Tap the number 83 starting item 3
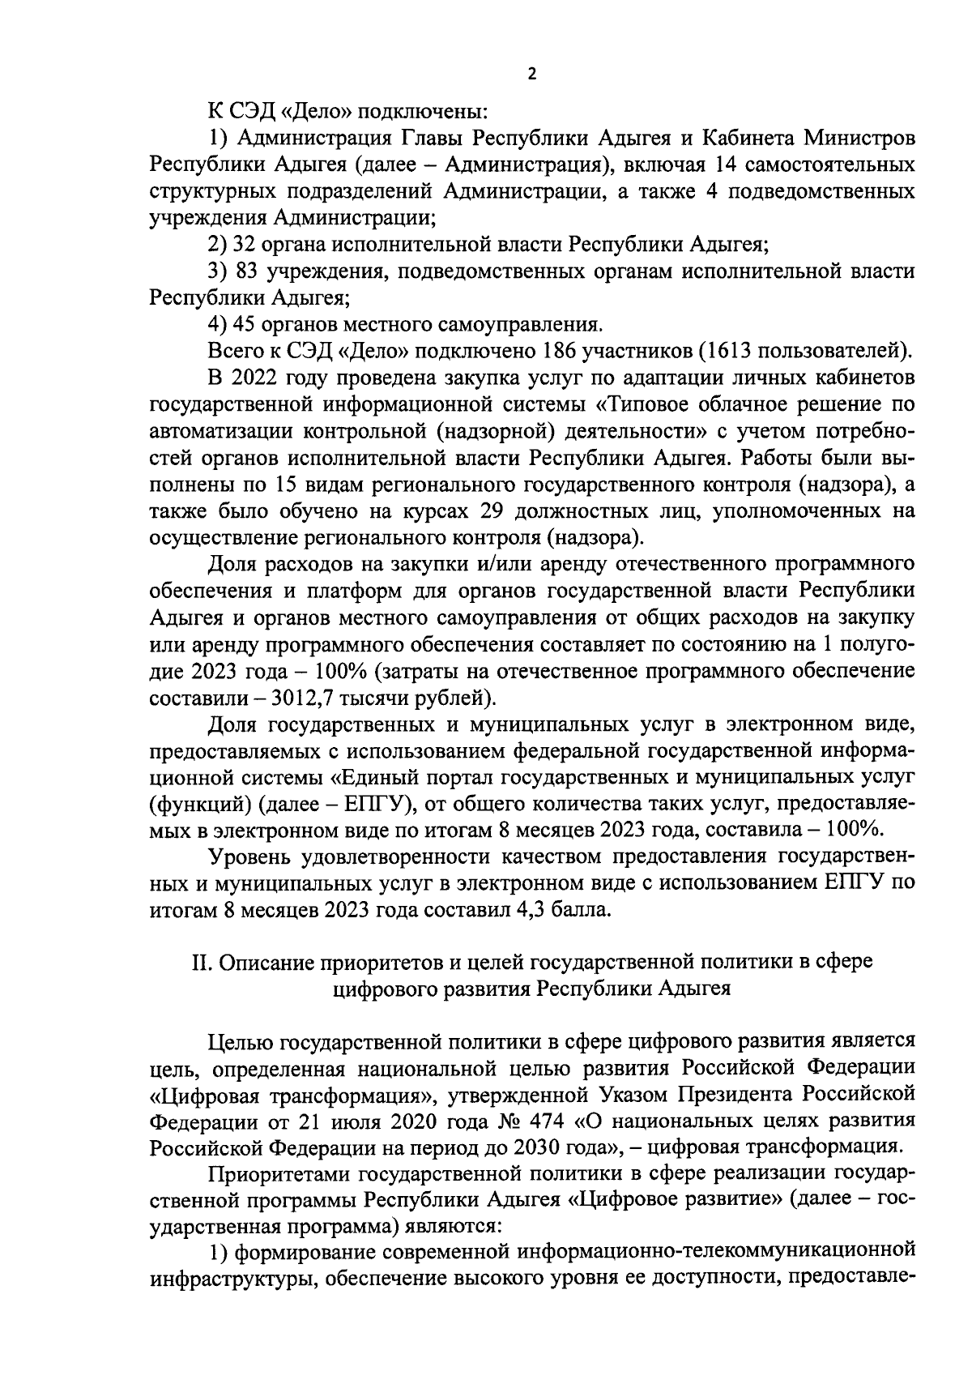coord(246,271)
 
